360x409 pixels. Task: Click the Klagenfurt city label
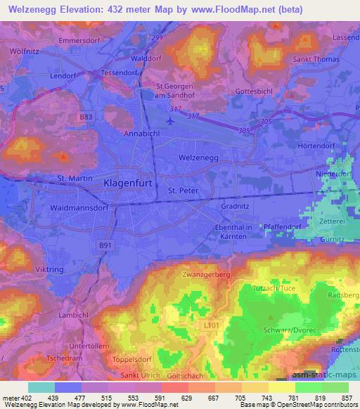point(129,183)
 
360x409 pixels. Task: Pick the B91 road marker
point(104,243)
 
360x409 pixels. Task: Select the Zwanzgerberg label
point(206,273)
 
